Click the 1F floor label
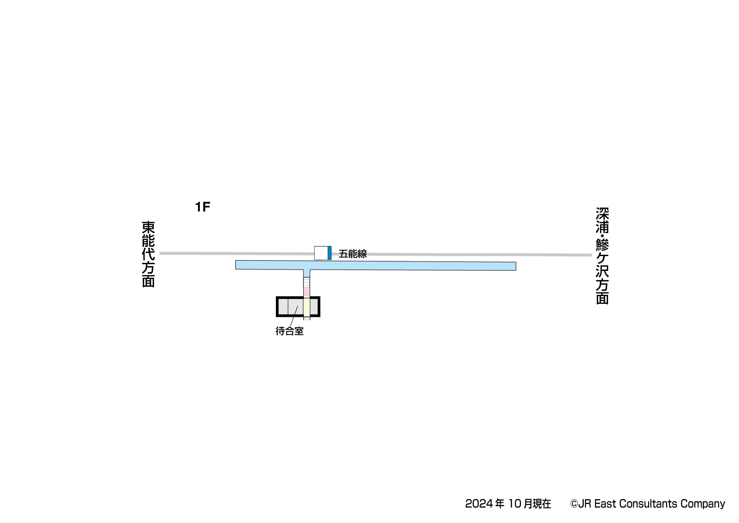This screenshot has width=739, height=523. tap(203, 207)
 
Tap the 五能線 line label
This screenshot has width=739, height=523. tap(352, 254)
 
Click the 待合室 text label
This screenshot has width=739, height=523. tap(289, 332)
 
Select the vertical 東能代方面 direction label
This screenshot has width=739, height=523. tap(148, 254)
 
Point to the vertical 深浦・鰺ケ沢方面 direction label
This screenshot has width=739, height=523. tap(602, 256)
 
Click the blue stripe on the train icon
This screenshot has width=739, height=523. tap(329, 253)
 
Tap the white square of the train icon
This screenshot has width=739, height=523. tap(321, 253)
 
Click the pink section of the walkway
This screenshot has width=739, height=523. tap(306, 291)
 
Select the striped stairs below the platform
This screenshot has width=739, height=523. tap(306, 282)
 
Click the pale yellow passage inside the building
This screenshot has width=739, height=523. tap(306, 307)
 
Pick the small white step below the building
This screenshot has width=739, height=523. tap(306, 318)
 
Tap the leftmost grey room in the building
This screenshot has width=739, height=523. tap(283, 307)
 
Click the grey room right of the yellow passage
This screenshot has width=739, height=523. tap(314, 307)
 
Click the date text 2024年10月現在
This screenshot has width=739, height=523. tap(508, 504)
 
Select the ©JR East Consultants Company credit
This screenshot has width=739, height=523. tap(647, 504)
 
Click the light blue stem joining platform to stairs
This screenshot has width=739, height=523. tap(306, 273)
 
